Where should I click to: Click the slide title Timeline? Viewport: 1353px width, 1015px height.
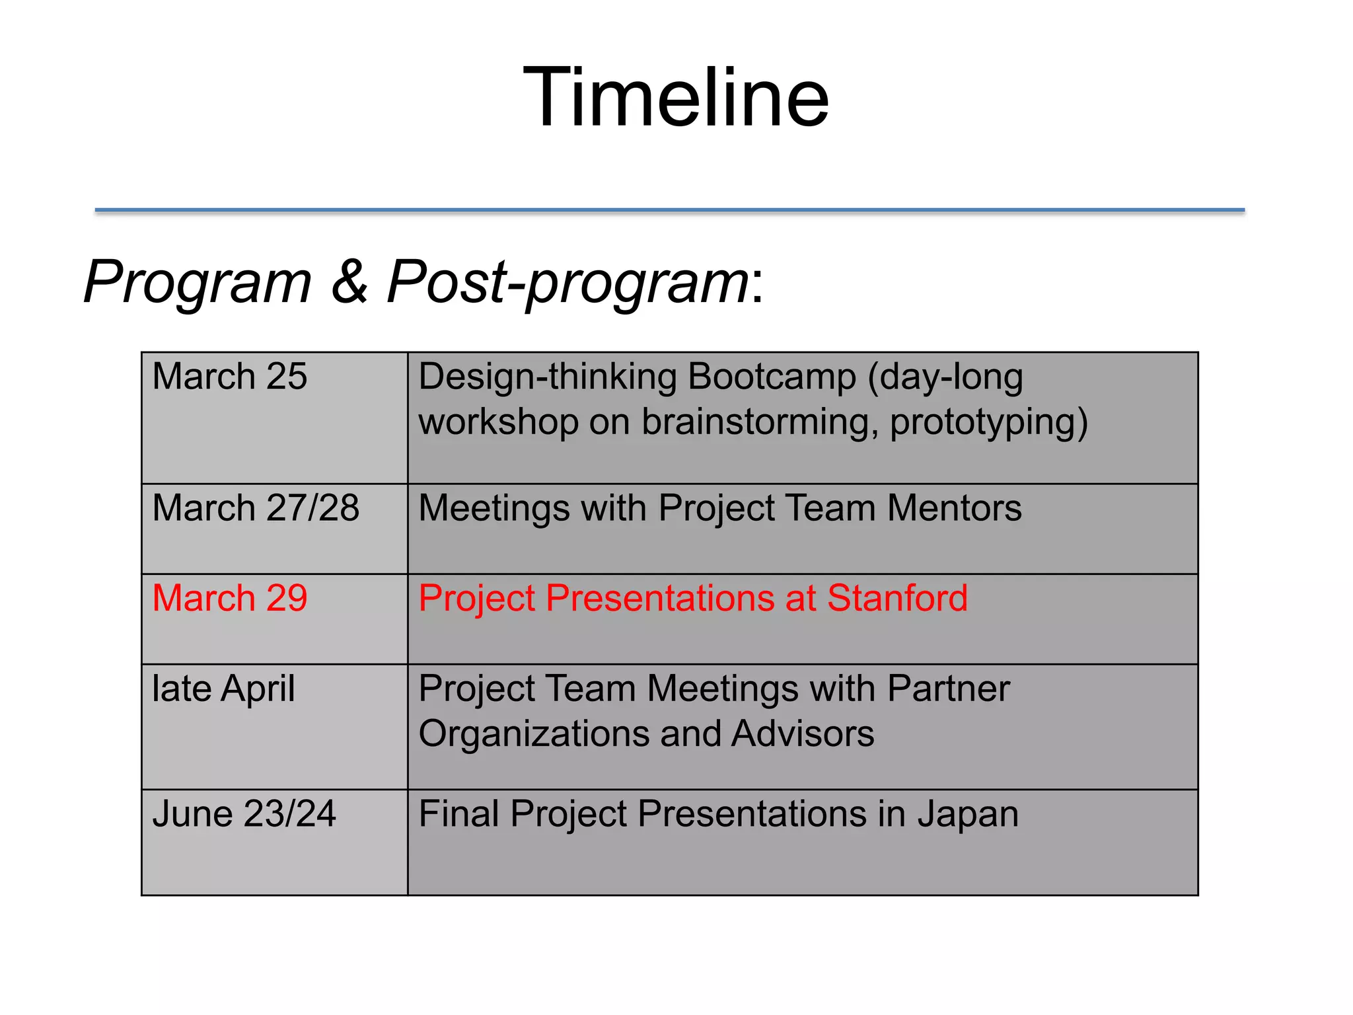pyautogui.click(x=676, y=98)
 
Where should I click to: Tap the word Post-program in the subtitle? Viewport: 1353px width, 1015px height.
pyautogui.click(x=568, y=283)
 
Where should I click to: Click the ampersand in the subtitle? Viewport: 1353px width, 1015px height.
pyautogui.click(x=349, y=282)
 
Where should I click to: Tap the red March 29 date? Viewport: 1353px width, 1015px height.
pyautogui.click(x=229, y=599)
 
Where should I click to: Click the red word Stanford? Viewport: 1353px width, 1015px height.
pyautogui.click(x=897, y=599)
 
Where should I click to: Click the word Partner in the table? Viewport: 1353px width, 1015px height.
pyautogui.click(x=948, y=689)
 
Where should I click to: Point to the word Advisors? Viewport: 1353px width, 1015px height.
pyautogui.click(x=802, y=733)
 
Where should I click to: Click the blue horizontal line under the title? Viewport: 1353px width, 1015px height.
pyautogui.click(x=669, y=210)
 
